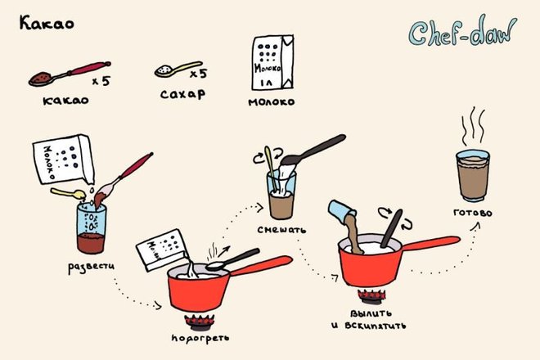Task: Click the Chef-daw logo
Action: [462, 32]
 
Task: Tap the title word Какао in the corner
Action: [47, 23]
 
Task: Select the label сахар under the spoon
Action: [182, 94]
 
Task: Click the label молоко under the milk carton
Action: [272, 102]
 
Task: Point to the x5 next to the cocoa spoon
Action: [101, 81]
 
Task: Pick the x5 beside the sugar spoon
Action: [198, 74]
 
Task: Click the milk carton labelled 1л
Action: [272, 62]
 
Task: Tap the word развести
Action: [91, 267]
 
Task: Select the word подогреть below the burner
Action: [200, 338]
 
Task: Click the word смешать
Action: [281, 229]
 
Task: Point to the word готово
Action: [473, 213]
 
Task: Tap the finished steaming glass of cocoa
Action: [473, 176]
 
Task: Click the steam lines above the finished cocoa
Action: [473, 126]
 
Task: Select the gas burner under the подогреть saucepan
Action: [200, 322]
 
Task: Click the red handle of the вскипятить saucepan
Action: [430, 243]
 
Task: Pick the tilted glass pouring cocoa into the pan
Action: [341, 211]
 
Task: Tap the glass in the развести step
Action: [91, 228]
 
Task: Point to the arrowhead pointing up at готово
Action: [477, 225]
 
